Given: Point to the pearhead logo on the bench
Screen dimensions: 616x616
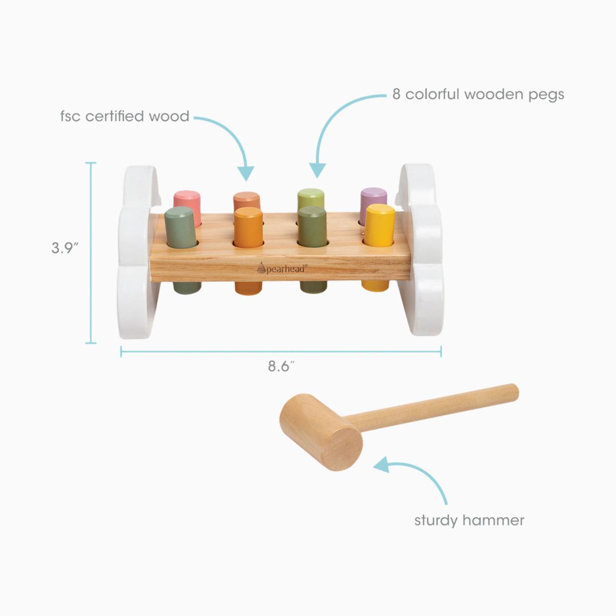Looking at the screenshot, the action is (x=282, y=269).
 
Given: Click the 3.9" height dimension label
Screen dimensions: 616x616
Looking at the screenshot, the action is (x=65, y=248).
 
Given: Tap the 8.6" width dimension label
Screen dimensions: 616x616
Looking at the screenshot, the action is (x=281, y=366).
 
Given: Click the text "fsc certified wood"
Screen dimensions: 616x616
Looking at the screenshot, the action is (x=125, y=116).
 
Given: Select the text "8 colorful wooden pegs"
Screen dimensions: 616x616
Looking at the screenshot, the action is (x=478, y=94).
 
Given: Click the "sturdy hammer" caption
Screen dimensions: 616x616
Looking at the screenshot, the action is (x=469, y=520).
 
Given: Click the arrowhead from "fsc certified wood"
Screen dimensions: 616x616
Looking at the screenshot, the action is (x=245, y=173).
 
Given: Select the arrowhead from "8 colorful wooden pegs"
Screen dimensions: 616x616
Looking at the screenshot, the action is (x=317, y=170).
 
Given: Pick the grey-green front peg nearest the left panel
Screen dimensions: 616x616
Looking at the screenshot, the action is (x=181, y=228).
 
